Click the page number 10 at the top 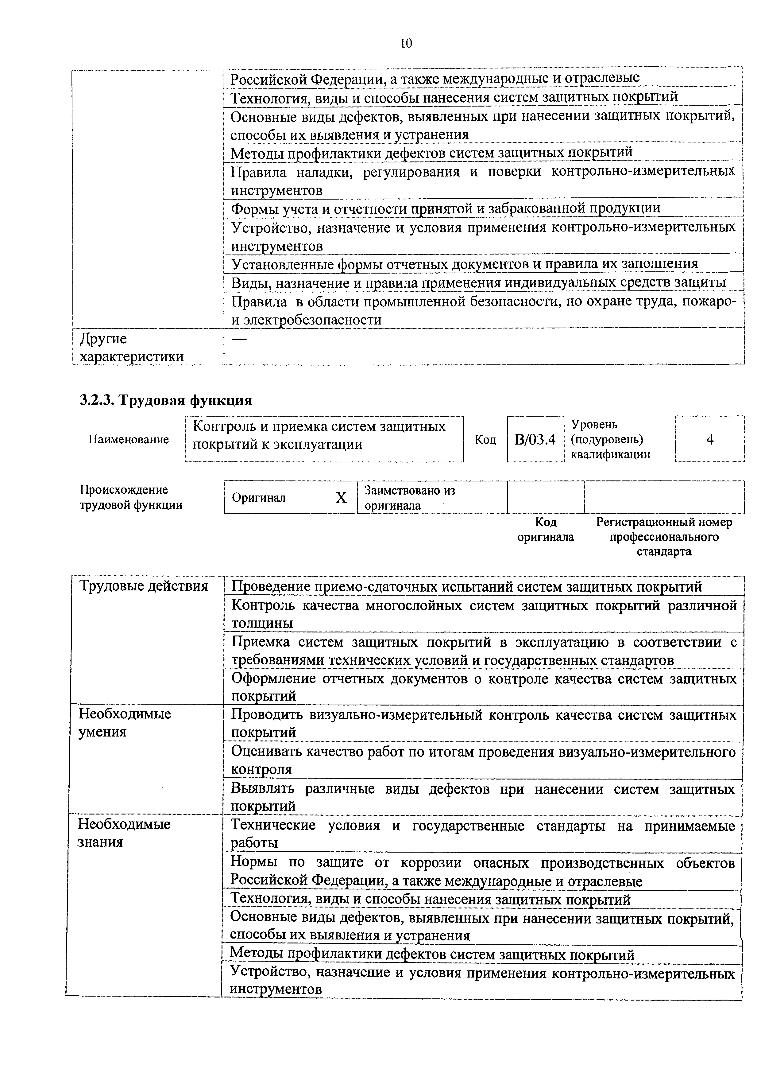click(406, 44)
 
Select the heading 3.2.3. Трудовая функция click(165, 400)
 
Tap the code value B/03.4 click(535, 440)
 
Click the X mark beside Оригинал click(341, 498)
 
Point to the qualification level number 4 click(709, 440)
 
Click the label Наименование click(129, 440)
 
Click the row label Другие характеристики click(131, 348)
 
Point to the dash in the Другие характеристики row click(239, 339)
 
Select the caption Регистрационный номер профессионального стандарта click(664, 537)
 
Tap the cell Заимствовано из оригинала click(410, 498)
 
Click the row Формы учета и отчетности click(446, 208)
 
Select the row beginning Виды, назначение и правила click(478, 282)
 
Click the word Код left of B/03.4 click(485, 440)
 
